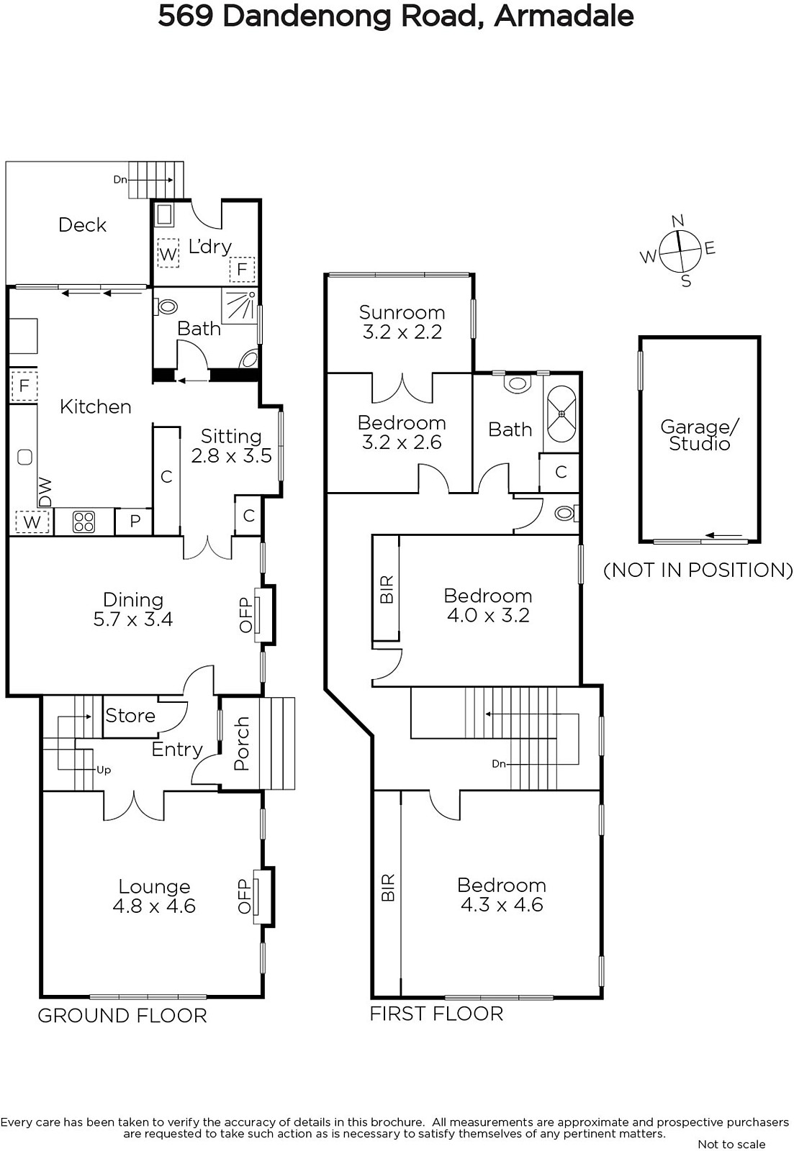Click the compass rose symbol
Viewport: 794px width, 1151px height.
point(680,251)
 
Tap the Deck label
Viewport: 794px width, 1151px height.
point(82,224)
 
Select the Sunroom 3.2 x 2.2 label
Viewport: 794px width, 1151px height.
point(402,322)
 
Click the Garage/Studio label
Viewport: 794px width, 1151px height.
point(700,435)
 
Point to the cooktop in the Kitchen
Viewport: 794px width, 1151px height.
point(84,522)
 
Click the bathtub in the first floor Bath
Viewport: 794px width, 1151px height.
point(561,414)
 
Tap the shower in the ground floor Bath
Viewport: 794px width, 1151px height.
point(240,306)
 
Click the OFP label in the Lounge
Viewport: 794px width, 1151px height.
point(244,896)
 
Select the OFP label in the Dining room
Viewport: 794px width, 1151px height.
point(245,614)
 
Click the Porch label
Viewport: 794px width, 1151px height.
point(241,744)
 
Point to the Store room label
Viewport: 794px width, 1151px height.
point(130,715)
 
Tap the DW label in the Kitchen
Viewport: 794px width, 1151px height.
point(45,492)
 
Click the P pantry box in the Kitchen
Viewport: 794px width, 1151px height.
point(135,522)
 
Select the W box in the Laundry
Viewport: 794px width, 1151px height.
point(168,253)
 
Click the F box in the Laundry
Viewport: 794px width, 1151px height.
point(242,269)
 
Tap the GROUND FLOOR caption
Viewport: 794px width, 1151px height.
point(122,1015)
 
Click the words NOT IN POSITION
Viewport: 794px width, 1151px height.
point(698,570)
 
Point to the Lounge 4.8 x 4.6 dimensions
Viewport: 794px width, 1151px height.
point(154,906)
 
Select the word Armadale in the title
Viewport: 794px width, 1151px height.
point(564,17)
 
